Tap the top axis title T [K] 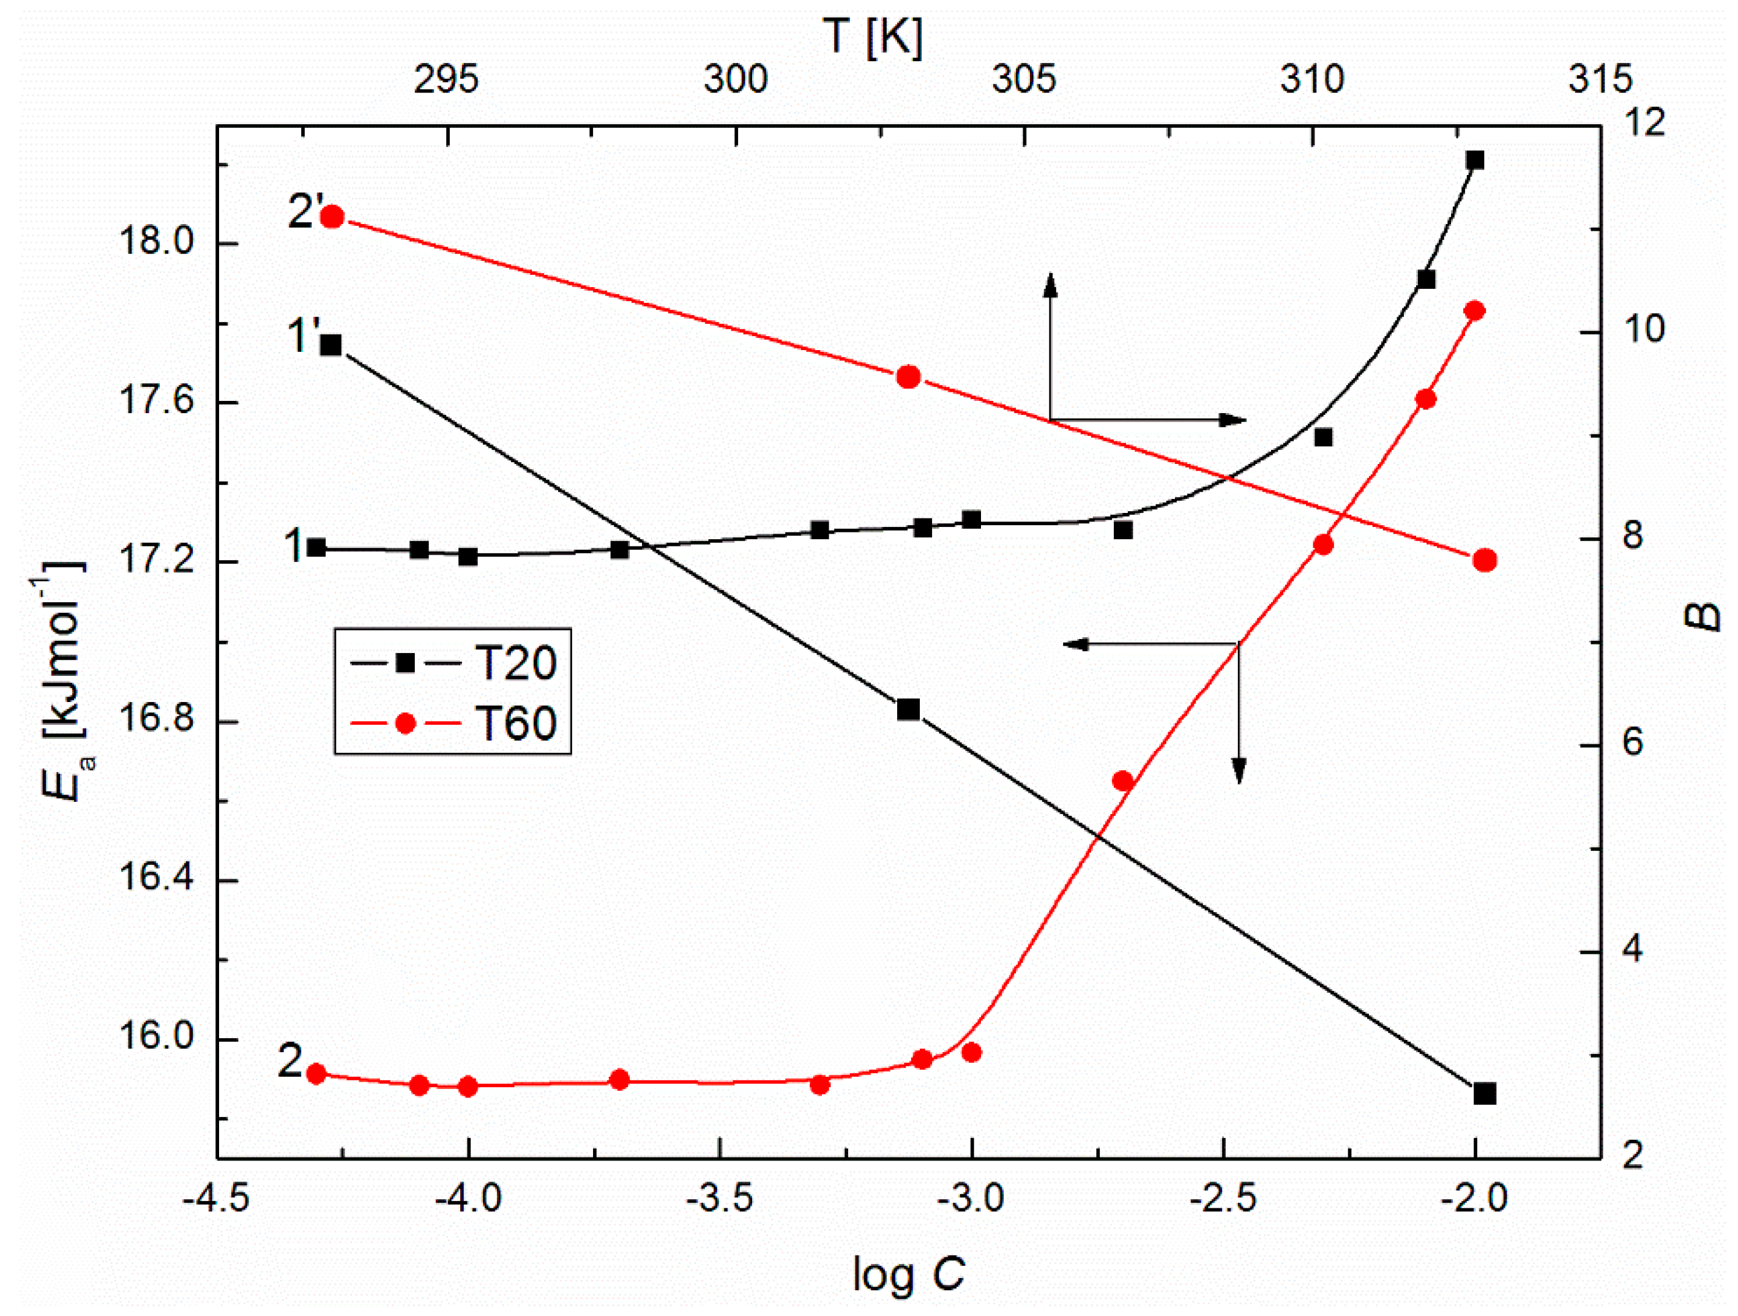point(873,37)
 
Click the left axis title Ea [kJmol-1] point(67,679)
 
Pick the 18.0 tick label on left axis point(155,241)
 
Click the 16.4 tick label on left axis point(155,878)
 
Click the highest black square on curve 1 point(1475,160)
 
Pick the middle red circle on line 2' point(908,377)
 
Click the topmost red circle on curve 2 point(1475,310)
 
